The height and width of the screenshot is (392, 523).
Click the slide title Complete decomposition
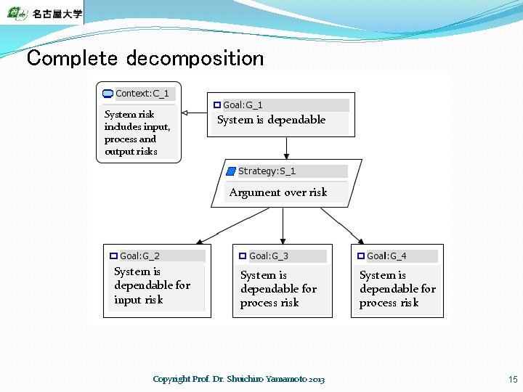click(x=145, y=58)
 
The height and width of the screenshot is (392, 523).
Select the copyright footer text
click(x=239, y=379)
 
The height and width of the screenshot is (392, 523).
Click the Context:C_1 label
click(x=142, y=94)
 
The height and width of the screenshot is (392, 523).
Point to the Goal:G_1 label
click(x=243, y=105)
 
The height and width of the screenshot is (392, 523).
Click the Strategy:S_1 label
click(x=267, y=171)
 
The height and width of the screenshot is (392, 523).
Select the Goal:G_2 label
click(x=139, y=256)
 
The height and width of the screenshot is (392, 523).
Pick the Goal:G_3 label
click(x=268, y=256)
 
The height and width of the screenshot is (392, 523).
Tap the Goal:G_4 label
click(x=386, y=256)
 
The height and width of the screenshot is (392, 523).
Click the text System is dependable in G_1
click(x=272, y=121)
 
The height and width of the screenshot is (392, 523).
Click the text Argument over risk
click(x=278, y=192)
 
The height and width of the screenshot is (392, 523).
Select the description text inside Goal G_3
click(x=278, y=289)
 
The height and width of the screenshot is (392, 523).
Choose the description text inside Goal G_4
click(x=397, y=289)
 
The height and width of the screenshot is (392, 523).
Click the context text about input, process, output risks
click(x=137, y=133)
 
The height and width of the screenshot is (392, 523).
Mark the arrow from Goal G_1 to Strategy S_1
click(x=287, y=148)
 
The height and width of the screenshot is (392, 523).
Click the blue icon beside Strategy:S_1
click(x=231, y=171)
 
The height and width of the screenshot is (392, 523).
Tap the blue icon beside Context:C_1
click(x=108, y=94)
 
